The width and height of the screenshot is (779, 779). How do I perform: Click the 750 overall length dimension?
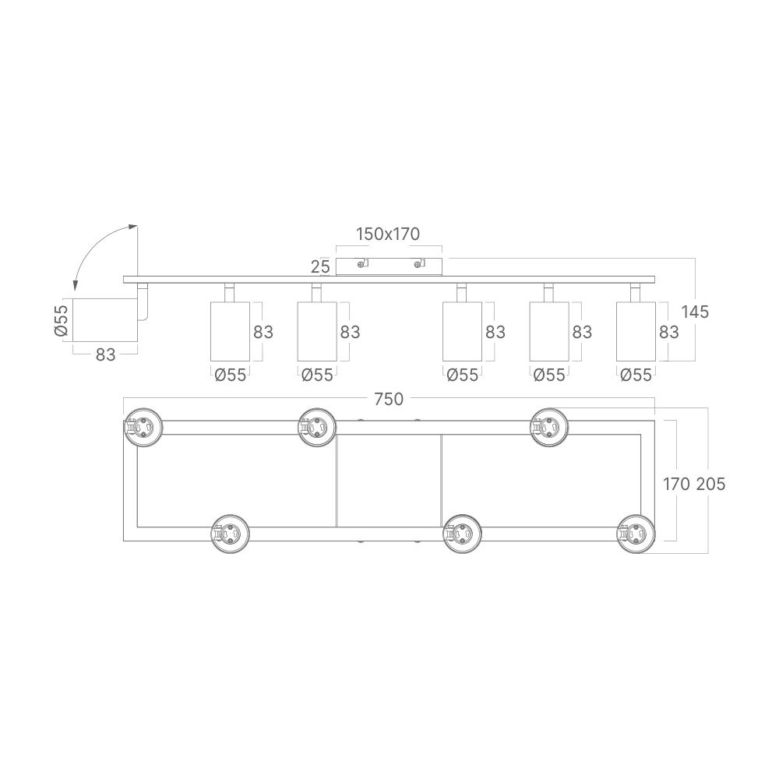(388, 399)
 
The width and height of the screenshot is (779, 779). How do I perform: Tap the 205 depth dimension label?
(710, 484)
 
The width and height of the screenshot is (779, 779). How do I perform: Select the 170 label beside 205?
(675, 484)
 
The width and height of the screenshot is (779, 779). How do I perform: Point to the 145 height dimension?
(695, 312)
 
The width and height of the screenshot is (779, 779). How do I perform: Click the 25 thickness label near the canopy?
(320, 266)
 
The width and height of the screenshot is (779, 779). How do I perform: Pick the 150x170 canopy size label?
(388, 234)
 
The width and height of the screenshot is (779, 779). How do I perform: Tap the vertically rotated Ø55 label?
(62, 320)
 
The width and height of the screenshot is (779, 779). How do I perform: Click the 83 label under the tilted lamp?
(106, 354)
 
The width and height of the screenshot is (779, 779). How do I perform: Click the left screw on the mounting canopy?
(360, 265)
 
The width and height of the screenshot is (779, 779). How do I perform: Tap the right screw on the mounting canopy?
(418, 265)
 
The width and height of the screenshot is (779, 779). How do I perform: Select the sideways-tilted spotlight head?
(105, 319)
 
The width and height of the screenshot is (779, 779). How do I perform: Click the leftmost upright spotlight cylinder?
(230, 331)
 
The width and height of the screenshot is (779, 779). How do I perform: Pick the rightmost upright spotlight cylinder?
(635, 331)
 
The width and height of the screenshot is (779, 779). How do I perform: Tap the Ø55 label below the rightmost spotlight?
(636, 375)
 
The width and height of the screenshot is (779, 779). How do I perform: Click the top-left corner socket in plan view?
(144, 427)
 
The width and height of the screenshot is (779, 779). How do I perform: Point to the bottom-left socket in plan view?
(231, 534)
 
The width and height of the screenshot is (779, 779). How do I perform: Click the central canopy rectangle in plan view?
(388, 481)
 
